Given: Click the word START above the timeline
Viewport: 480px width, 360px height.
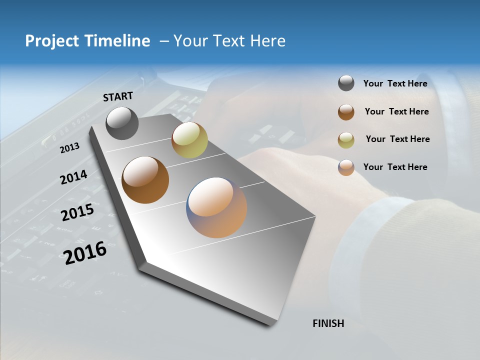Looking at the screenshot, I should click(x=118, y=96).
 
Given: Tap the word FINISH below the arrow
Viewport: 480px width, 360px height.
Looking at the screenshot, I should click(x=328, y=323).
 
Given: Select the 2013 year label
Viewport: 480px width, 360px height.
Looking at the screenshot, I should click(x=70, y=147).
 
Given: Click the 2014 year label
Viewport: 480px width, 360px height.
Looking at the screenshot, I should click(x=74, y=177).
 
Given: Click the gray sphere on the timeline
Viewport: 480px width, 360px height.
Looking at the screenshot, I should click(x=122, y=123).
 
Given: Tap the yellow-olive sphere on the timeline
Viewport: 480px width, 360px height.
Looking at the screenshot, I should click(x=189, y=140).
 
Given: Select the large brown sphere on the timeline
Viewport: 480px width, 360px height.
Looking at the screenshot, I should click(x=145, y=180).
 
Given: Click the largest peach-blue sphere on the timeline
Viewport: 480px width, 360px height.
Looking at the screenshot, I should click(x=216, y=207).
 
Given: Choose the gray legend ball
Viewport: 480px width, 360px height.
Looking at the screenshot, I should click(x=346, y=83).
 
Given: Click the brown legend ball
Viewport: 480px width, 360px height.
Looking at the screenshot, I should click(x=346, y=112).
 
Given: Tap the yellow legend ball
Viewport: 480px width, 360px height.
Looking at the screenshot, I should click(x=346, y=139).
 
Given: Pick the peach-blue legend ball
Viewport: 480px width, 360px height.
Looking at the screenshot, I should click(x=346, y=167).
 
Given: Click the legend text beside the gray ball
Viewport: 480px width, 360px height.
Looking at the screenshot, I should click(x=395, y=83).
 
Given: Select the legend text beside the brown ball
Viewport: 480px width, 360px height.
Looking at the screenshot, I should click(x=396, y=111).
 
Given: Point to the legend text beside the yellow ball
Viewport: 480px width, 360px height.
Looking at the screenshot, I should click(x=397, y=139).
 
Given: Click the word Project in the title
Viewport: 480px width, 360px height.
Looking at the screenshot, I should click(x=52, y=41).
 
